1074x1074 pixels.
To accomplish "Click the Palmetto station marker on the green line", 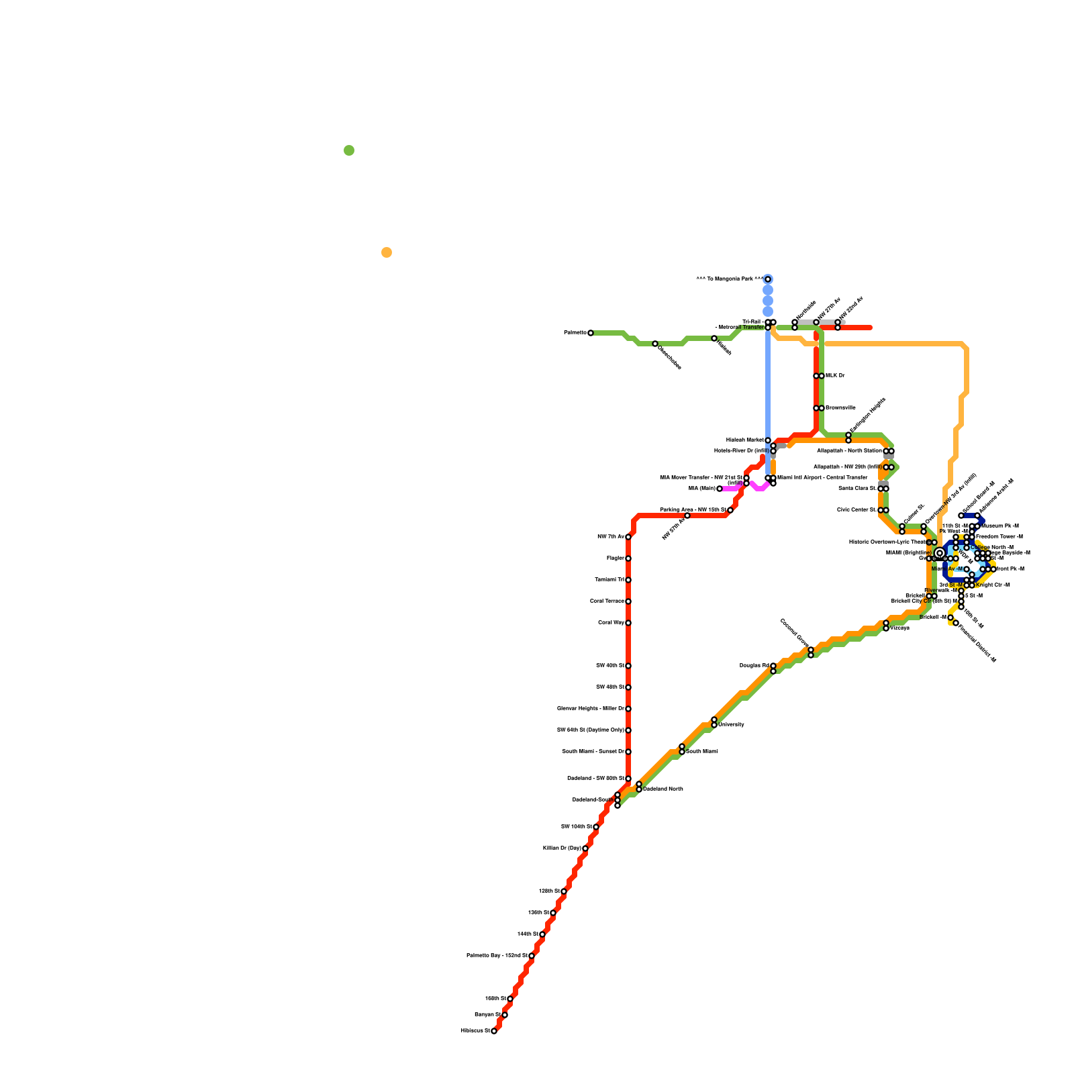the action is click(x=591, y=333).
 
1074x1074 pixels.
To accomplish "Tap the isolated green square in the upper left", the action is click(x=349, y=150).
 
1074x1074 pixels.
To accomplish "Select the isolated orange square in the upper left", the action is click(x=387, y=252).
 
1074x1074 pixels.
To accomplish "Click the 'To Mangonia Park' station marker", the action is click(x=768, y=279).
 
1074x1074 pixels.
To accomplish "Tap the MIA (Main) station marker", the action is click(x=720, y=489).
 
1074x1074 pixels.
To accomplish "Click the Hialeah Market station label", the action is click(x=744, y=440).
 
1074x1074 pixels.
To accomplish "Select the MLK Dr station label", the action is click(x=835, y=376).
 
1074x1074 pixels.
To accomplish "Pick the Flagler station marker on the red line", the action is click(x=628, y=558).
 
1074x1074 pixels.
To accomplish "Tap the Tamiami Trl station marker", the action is click(x=628, y=580).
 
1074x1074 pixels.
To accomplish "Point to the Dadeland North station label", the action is click(x=663, y=789).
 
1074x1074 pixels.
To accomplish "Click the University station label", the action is click(x=731, y=725).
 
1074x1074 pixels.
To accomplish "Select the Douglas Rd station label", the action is click(x=754, y=666).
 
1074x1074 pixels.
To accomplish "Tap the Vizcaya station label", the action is click(x=900, y=628).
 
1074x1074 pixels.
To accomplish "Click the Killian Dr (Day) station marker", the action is click(x=585, y=848).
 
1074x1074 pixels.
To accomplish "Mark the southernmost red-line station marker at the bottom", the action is click(x=494, y=1031).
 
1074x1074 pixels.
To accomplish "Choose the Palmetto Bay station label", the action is click(x=496, y=956).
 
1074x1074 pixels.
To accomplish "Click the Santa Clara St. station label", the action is click(x=857, y=489).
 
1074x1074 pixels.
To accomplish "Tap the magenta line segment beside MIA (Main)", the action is click(x=732, y=488).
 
